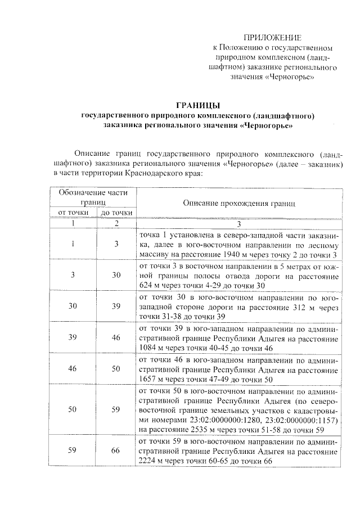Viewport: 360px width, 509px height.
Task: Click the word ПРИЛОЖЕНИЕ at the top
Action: click(277, 37)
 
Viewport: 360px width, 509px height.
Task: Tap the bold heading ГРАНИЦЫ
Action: click(197, 106)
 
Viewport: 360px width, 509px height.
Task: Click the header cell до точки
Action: click(116, 213)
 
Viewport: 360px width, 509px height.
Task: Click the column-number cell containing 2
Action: click(116, 223)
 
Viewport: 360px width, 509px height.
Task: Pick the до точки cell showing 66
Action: click(116, 451)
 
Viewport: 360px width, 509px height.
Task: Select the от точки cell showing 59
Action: click(73, 451)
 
